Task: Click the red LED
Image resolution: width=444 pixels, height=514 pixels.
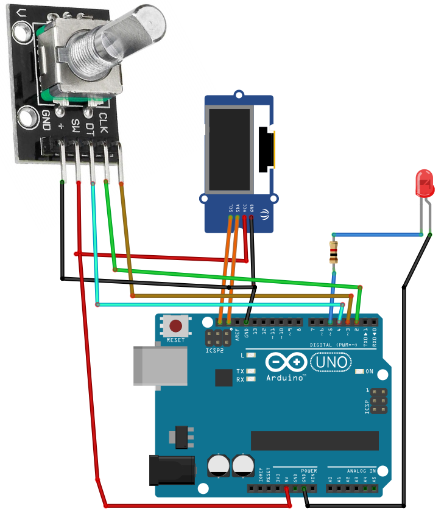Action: coord(423,183)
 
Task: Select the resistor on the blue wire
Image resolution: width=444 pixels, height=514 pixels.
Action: coord(333,253)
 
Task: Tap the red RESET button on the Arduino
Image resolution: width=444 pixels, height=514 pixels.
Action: coord(177,326)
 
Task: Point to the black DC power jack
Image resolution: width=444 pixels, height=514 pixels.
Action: coord(171,471)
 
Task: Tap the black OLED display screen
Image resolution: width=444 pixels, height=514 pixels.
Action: coord(230,149)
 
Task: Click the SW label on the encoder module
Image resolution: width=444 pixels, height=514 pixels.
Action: coord(74,125)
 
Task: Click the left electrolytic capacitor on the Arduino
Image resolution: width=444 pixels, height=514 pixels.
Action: coord(219,466)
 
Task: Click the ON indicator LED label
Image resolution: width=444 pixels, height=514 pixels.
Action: coord(369,371)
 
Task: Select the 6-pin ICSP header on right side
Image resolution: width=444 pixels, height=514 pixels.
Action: coord(378,403)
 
